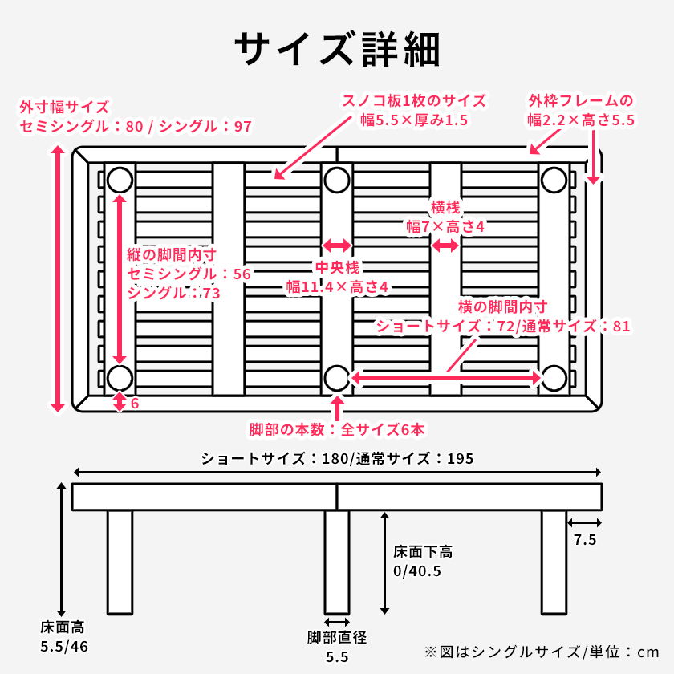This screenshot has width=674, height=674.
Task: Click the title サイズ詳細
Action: click(x=337, y=50)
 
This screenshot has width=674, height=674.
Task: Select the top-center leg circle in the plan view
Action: click(x=337, y=179)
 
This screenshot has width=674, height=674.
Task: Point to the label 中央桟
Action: click(x=337, y=266)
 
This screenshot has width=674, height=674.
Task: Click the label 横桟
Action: click(x=445, y=206)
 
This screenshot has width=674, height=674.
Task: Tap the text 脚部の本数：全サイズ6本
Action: click(x=337, y=429)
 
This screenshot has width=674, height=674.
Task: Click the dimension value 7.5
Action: click(x=584, y=540)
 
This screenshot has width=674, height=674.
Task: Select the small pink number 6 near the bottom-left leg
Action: click(x=134, y=403)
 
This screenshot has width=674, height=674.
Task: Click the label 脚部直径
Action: click(x=337, y=638)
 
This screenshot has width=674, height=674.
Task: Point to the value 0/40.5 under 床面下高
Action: click(x=416, y=571)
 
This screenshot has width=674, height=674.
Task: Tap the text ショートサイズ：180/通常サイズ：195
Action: click(x=337, y=459)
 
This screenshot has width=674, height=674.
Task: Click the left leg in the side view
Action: click(x=120, y=562)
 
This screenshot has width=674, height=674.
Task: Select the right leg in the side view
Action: click(x=554, y=562)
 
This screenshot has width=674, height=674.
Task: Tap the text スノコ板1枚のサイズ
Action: click(x=414, y=101)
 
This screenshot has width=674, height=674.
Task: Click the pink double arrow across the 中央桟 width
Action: click(x=337, y=246)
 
